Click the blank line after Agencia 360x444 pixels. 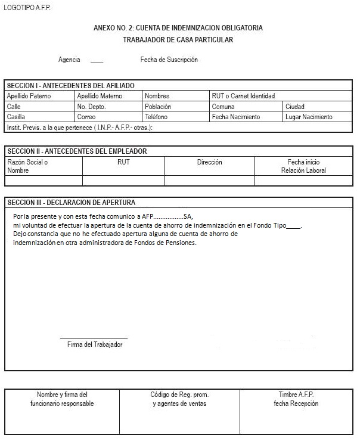[x=97, y=61]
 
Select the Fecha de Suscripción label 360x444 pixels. [x=169, y=60]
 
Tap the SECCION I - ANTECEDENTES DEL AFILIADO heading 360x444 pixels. [x=70, y=86]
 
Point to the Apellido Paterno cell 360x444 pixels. [x=29, y=96]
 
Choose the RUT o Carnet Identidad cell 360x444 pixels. [x=243, y=96]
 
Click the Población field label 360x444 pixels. [x=158, y=107]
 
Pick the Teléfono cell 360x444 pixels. [x=156, y=117]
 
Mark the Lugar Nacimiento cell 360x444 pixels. [x=309, y=117]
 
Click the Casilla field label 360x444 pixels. [x=16, y=117]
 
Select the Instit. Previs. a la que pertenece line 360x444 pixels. [x=80, y=128]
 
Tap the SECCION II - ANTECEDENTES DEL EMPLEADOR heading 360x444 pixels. [x=77, y=151]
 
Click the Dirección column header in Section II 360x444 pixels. [x=209, y=162]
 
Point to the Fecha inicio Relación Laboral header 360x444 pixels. [x=303, y=166]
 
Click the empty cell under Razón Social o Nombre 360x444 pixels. [x=44, y=181]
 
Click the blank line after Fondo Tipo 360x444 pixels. [x=293, y=226]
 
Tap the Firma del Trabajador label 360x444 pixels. [x=95, y=344]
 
